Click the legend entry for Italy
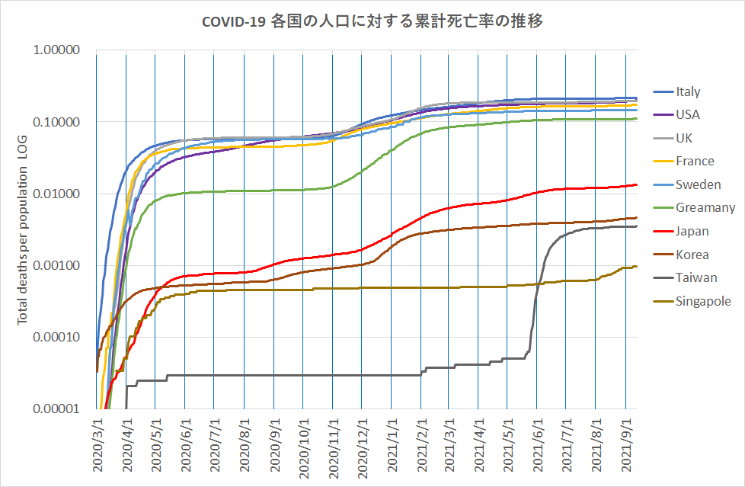[688, 92]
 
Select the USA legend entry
[687, 115]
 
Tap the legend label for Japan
[692, 231]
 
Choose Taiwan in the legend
[695, 277]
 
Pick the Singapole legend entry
[703, 301]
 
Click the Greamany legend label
[705, 207]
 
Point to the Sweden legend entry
[698, 184]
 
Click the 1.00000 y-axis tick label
[59, 51]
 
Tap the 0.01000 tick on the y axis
[59, 194]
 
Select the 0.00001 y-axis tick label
[59, 409]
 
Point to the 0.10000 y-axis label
[59, 122]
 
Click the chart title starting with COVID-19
[372, 22]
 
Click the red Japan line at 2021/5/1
[508, 200]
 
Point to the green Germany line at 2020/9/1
[273, 190]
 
